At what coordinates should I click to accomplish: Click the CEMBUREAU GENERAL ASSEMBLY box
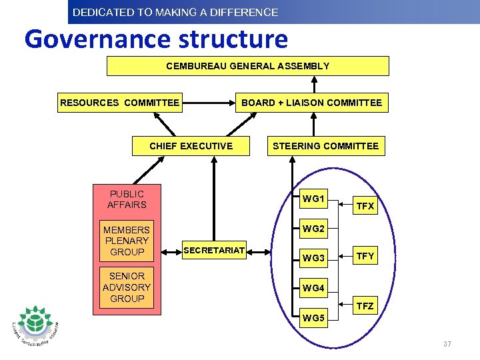pyautogui.click(x=247, y=66)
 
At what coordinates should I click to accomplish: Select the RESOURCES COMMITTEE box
pyautogui.click(x=120, y=103)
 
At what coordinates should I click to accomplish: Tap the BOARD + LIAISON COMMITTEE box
pyautogui.click(x=311, y=103)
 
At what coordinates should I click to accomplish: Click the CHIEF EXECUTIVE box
pyautogui.click(x=191, y=146)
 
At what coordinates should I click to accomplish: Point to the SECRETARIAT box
pyautogui.click(x=215, y=251)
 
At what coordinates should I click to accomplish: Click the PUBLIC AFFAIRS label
pyautogui.click(x=127, y=199)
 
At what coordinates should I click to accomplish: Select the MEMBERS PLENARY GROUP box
pyautogui.click(x=127, y=241)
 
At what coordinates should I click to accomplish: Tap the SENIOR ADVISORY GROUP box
pyautogui.click(x=127, y=287)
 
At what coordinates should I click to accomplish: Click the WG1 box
pyautogui.click(x=313, y=199)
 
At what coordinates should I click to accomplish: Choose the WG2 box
pyautogui.click(x=313, y=229)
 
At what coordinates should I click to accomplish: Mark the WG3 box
pyautogui.click(x=313, y=258)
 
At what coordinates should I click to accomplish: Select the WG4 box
pyautogui.click(x=313, y=288)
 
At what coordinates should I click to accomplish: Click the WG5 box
pyautogui.click(x=313, y=317)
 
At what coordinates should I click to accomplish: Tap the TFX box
pyautogui.click(x=365, y=207)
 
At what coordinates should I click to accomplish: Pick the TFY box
pyautogui.click(x=365, y=255)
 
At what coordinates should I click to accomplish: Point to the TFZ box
pyautogui.click(x=365, y=307)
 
